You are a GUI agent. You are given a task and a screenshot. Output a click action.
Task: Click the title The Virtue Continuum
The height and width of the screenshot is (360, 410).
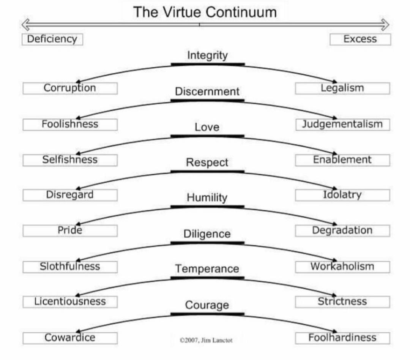pos(205,12)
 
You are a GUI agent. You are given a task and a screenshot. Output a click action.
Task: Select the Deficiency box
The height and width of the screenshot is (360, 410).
pos(52,39)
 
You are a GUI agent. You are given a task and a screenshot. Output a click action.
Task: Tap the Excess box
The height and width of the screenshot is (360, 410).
pos(360,39)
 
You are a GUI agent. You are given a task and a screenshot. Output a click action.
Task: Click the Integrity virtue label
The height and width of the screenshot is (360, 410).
pos(207,55)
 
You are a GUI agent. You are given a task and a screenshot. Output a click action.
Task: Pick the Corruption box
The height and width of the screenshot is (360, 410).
pos(70,88)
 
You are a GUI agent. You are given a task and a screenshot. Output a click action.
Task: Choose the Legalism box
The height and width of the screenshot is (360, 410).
pos(342,88)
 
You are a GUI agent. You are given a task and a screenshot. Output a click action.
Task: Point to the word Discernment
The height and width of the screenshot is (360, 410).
pos(207,92)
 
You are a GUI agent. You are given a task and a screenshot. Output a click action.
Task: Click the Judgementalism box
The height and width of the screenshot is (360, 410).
pos(342,124)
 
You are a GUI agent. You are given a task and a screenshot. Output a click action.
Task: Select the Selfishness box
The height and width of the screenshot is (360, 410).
pos(70,160)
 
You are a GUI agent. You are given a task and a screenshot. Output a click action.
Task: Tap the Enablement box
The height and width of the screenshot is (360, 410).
pos(342,160)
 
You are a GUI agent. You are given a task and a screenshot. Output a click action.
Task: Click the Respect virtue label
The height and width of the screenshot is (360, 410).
pos(207,163)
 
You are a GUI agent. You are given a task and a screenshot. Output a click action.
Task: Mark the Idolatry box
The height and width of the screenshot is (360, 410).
pos(342,195)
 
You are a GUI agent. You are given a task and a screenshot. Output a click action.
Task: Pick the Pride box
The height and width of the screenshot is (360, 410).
pos(70,231)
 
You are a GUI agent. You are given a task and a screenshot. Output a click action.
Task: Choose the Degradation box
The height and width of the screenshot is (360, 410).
pos(342,231)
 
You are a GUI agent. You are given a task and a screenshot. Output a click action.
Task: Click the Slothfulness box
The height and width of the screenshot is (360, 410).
pos(70,267)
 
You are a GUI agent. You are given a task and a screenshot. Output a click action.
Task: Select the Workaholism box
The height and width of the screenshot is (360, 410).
pos(342,267)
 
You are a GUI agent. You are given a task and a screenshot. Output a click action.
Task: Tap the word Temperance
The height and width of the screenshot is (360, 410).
pos(207,269)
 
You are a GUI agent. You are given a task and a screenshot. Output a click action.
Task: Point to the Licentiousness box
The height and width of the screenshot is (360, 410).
pos(70,302)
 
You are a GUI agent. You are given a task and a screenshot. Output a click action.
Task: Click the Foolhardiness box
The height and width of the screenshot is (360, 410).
pos(342,338)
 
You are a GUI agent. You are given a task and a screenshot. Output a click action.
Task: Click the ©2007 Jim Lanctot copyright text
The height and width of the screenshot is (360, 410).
pos(206,341)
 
